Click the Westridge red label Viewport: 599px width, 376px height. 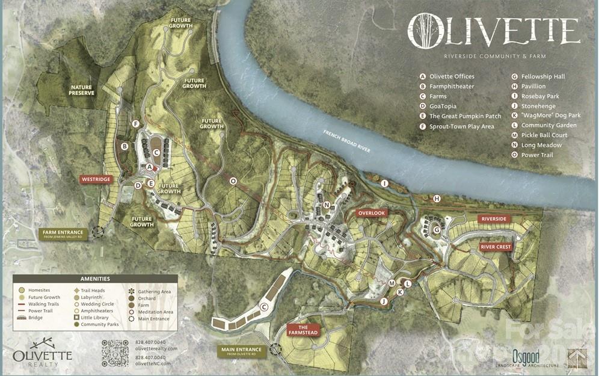click(96, 179)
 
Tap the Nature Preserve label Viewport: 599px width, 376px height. click(81, 90)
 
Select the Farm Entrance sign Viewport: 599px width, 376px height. click(64, 233)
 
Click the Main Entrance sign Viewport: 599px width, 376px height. click(241, 351)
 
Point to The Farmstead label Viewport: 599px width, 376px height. click(303, 330)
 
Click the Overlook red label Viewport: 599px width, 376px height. click(370, 213)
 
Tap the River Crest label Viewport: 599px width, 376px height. click(496, 247)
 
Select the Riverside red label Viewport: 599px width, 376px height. click(494, 219)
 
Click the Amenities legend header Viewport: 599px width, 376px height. click(95, 279)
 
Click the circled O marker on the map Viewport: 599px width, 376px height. click(233, 180)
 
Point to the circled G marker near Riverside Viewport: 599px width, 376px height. click(437, 230)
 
